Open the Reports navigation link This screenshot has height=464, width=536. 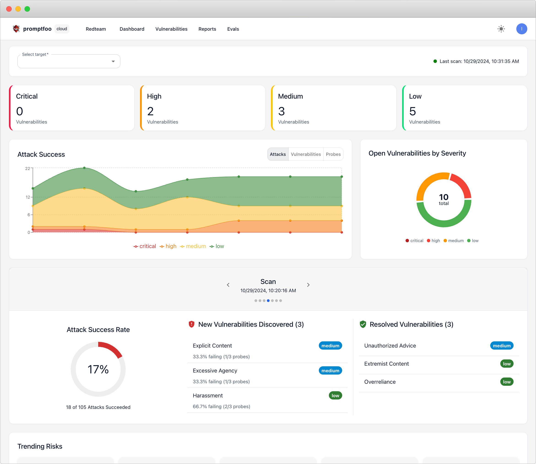(207, 29)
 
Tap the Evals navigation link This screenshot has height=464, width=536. (233, 29)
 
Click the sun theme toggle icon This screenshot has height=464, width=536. (501, 29)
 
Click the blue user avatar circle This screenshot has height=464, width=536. (521, 29)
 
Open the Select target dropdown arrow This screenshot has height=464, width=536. (113, 61)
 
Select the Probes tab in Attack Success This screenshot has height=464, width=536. (333, 154)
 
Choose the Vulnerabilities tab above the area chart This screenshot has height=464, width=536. (306, 154)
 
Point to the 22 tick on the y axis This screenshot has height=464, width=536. (27, 169)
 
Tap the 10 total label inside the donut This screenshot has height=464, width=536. (444, 199)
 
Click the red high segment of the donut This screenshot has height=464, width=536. (462, 185)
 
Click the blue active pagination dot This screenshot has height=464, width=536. (268, 301)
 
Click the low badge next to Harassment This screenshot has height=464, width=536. (335, 395)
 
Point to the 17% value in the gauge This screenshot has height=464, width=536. (98, 369)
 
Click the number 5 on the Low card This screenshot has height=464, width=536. (412, 111)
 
